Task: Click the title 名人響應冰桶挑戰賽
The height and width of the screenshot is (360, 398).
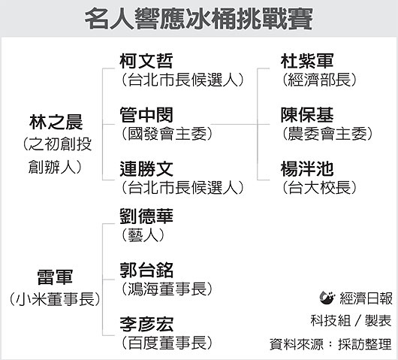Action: [199, 19]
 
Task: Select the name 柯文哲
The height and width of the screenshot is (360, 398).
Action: [146, 61]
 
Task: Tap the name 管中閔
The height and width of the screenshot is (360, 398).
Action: [146, 115]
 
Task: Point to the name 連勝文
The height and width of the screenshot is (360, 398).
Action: [146, 169]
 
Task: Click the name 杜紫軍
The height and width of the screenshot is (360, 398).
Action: [307, 61]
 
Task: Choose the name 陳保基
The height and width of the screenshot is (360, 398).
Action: [307, 115]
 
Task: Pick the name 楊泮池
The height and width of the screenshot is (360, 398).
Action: [307, 169]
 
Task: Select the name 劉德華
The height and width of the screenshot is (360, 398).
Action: [146, 216]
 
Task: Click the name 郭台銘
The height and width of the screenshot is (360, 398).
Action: [146, 271]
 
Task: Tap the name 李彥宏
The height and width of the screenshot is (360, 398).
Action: [146, 325]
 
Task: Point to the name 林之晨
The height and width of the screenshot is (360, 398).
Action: [56, 122]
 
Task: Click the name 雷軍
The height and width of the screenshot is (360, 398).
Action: [55, 277]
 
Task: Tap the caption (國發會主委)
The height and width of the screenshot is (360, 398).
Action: [167, 134]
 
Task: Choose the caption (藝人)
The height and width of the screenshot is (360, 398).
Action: [143, 235]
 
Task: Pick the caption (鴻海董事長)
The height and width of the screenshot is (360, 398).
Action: [167, 289]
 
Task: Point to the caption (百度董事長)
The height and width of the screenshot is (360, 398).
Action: [167, 343]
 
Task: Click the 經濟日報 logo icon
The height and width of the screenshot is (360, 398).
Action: [327, 298]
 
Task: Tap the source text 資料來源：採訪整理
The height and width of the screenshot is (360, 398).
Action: [330, 344]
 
